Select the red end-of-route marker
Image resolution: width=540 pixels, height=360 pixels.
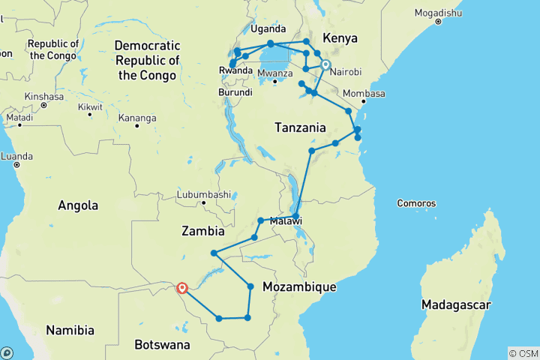click(x=181, y=287)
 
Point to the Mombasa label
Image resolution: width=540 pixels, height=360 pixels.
click(x=365, y=94)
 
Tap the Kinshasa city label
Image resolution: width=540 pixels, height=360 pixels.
click(x=43, y=97)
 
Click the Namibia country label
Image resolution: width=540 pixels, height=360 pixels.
click(x=70, y=330)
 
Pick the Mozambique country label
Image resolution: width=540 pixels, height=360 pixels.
click(x=299, y=287)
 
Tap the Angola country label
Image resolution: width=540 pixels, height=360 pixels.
click(x=78, y=205)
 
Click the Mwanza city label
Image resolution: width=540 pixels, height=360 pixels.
click(x=274, y=73)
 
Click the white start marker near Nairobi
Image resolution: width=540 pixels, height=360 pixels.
click(x=325, y=64)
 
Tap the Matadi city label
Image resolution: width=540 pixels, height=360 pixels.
click(x=19, y=118)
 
